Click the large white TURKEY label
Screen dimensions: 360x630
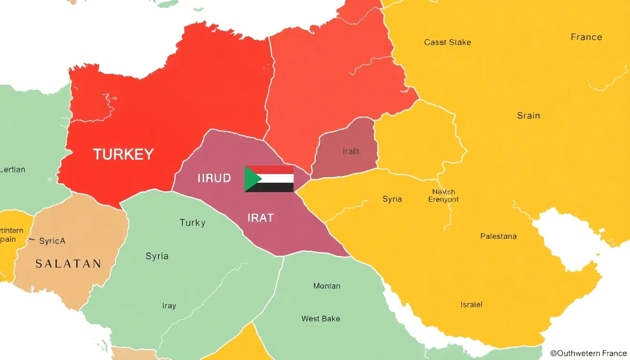pyautogui.click(x=123, y=154)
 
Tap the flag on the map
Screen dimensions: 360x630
pyautogui.click(x=269, y=179)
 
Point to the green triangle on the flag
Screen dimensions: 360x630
pyautogui.click(x=251, y=179)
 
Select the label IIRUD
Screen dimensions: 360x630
pyautogui.click(x=214, y=178)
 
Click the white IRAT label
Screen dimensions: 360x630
pyautogui.click(x=260, y=218)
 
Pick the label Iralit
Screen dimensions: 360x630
pyautogui.click(x=351, y=151)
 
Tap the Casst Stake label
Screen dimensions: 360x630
pyautogui.click(x=447, y=42)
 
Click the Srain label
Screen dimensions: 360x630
pyautogui.click(x=528, y=115)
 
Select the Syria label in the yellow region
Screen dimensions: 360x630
pyautogui.click(x=392, y=199)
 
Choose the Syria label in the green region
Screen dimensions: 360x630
pyautogui.click(x=157, y=256)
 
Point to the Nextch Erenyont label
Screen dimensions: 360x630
pyautogui.click(x=443, y=195)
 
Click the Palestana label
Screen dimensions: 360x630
pyautogui.click(x=498, y=236)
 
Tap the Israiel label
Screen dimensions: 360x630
pyautogui.click(x=471, y=305)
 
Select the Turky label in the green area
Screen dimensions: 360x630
pyautogui.click(x=192, y=223)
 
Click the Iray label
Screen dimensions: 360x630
pyautogui.click(x=169, y=306)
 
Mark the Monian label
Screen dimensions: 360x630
pyautogui.click(x=326, y=286)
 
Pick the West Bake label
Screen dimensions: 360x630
pyautogui.click(x=321, y=319)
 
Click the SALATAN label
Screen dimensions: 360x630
pyautogui.click(x=68, y=263)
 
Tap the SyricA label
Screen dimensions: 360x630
pyautogui.click(x=52, y=241)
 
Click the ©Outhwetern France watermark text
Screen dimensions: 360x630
pyautogui.click(x=588, y=353)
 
